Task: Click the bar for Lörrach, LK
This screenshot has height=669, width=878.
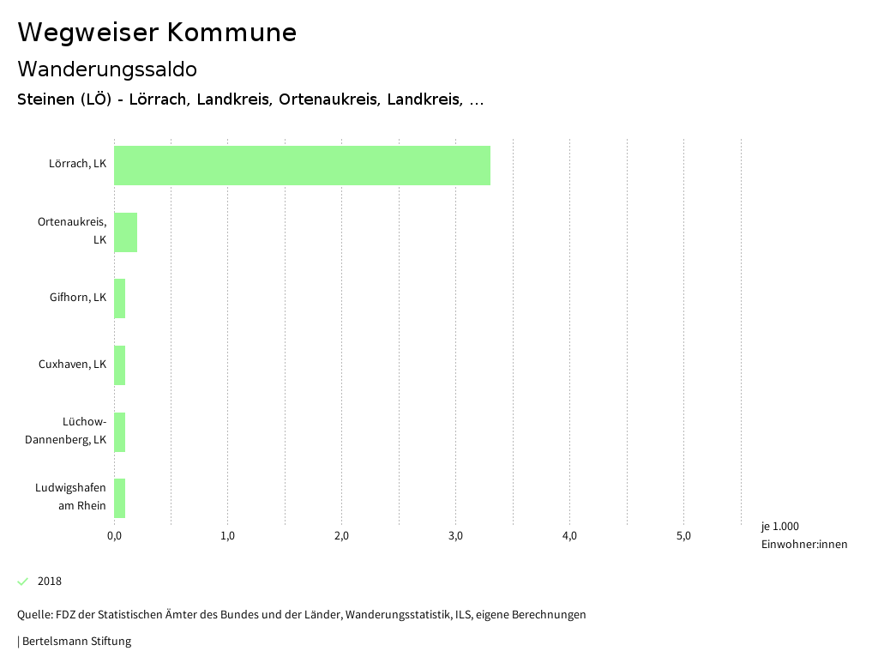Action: point(302,166)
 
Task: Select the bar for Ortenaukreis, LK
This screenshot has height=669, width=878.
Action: point(125,232)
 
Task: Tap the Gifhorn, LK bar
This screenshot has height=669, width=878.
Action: point(119,298)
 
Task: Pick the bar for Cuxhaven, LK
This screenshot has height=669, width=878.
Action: point(119,365)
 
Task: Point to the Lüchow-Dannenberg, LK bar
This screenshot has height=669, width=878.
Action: point(119,432)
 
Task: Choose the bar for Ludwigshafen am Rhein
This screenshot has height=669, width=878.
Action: point(119,498)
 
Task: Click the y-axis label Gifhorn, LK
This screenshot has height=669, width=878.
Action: point(78,298)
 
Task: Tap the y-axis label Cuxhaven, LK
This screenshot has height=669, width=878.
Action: point(72,365)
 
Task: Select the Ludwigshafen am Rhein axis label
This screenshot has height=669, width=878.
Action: point(70,497)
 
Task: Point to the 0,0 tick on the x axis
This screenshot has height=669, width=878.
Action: point(114,536)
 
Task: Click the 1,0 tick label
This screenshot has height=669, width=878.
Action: point(227,536)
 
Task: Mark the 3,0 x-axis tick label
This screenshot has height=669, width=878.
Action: point(455,536)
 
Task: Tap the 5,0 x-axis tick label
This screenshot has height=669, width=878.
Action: point(683,536)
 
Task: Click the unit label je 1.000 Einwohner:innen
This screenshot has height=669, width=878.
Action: point(803,535)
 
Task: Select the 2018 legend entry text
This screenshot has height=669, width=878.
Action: point(50,582)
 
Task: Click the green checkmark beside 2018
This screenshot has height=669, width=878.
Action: point(23,582)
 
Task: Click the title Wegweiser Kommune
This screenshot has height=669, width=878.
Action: point(157,33)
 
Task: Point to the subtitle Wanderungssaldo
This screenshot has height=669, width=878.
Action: point(107,69)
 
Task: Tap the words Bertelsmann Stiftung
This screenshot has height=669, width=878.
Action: point(76,642)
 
